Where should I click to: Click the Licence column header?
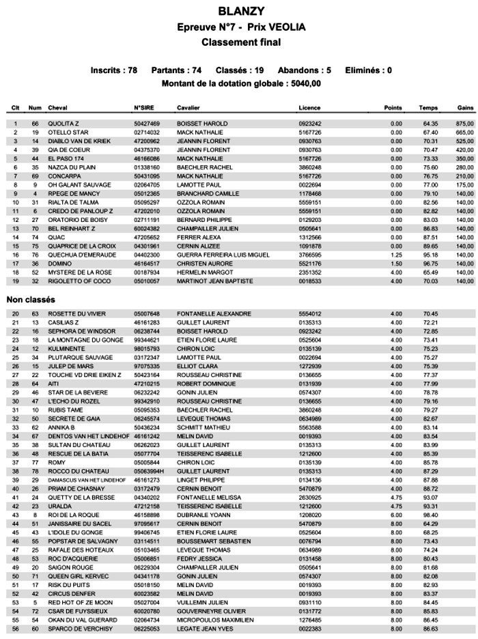pos(309,108)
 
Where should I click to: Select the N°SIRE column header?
pos(144,108)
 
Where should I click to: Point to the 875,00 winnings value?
pos(465,124)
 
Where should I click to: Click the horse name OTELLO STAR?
pos(68,132)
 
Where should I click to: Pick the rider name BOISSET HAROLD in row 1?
pos(202,124)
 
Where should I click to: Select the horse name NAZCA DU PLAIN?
pos(70,167)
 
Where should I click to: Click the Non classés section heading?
pos(31,299)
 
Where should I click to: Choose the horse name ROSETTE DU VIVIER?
pos(76,313)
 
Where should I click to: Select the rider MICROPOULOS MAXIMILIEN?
pos(215,620)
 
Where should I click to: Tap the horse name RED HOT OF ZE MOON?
pos(80,602)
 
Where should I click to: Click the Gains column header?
pos(466,108)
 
